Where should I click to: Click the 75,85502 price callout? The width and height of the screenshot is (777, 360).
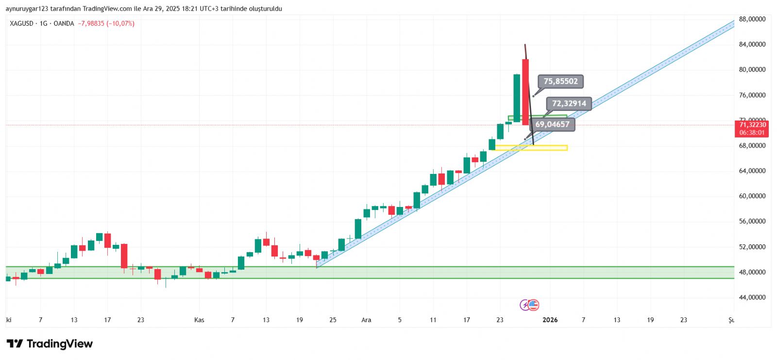pyautogui.click(x=560, y=82)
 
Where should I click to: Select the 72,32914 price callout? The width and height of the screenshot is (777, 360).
pyautogui.click(x=569, y=103)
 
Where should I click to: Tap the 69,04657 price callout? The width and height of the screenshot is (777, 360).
pyautogui.click(x=552, y=124)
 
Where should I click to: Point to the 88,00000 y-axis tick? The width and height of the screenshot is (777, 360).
pyautogui.click(x=752, y=19)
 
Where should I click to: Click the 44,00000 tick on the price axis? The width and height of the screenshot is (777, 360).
pyautogui.click(x=752, y=297)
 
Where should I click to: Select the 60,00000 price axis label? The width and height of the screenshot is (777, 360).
pyautogui.click(x=752, y=196)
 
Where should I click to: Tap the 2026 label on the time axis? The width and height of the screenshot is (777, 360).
pyautogui.click(x=550, y=320)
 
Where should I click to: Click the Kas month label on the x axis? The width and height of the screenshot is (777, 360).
pyautogui.click(x=199, y=320)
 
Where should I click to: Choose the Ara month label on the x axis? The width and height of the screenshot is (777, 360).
pyautogui.click(x=366, y=320)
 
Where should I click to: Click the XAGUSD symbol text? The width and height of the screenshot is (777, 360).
pyautogui.click(x=22, y=23)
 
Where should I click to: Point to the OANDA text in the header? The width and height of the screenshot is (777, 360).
pyautogui.click(x=64, y=23)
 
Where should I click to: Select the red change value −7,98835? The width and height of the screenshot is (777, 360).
pyautogui.click(x=91, y=23)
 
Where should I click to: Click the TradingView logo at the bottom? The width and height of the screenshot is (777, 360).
pyautogui.click(x=50, y=344)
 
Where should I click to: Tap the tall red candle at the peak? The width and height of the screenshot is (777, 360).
pyautogui.click(x=525, y=92)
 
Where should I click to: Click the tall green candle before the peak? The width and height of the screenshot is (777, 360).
pyautogui.click(x=517, y=97)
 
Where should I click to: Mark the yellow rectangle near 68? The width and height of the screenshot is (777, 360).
pyautogui.click(x=531, y=148)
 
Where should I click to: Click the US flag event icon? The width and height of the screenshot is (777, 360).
pyautogui.click(x=534, y=305)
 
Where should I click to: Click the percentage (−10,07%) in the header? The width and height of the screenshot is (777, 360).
pyautogui.click(x=121, y=23)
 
